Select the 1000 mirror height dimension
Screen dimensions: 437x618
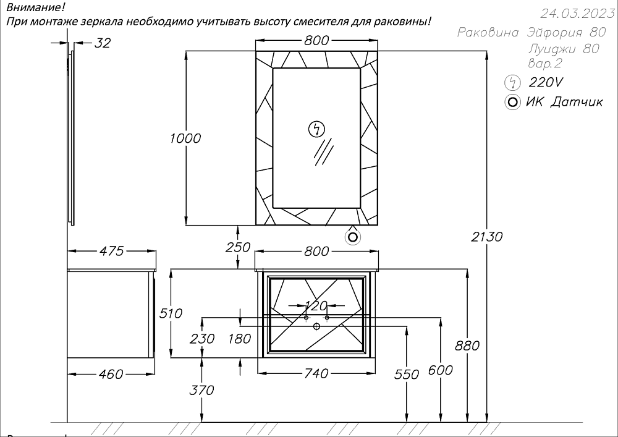click(x=185, y=138)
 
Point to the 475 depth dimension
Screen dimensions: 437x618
click(x=111, y=251)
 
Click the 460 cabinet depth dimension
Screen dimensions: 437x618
click(x=111, y=374)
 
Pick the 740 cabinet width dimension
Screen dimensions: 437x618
click(x=316, y=373)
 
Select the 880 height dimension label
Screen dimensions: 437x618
click(x=467, y=346)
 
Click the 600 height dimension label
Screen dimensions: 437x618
click(x=440, y=370)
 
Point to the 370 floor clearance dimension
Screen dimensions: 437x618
click(x=201, y=390)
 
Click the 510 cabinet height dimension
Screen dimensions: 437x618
click(x=171, y=313)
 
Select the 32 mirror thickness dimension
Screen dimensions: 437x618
click(x=103, y=43)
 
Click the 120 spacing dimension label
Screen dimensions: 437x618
click(x=316, y=305)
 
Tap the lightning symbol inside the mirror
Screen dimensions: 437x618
click(x=316, y=129)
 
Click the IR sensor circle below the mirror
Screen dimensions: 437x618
click(x=353, y=236)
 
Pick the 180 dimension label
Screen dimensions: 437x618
click(x=239, y=338)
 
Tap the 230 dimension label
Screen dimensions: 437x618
click(x=202, y=338)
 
